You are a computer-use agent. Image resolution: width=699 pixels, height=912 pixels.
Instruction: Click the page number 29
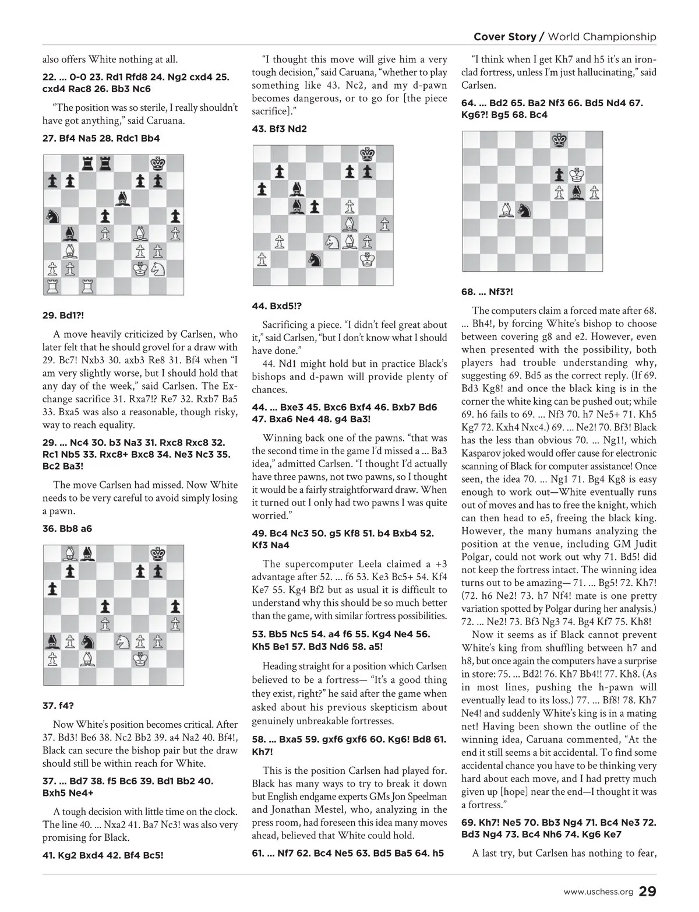[648, 892]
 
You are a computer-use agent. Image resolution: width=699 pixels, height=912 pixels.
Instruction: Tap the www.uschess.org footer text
[598, 892]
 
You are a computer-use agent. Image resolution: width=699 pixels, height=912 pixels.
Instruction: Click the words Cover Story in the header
[504, 37]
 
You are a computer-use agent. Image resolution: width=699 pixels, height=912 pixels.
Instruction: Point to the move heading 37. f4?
[57, 706]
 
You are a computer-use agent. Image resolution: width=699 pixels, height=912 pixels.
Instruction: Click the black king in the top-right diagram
[560, 140]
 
